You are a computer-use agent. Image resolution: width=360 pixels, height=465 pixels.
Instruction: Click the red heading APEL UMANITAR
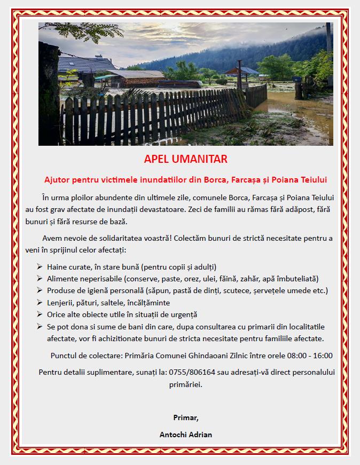click(x=185, y=159)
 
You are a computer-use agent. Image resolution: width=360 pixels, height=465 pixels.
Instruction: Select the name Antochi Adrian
click(x=185, y=434)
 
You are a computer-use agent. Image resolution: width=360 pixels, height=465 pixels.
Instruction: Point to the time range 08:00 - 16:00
click(x=303, y=356)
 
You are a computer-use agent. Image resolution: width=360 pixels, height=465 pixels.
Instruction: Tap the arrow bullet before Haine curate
click(x=40, y=266)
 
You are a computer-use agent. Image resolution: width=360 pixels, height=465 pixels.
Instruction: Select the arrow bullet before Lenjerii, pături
click(x=40, y=303)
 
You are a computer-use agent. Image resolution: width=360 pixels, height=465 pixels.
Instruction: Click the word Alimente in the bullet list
click(x=63, y=279)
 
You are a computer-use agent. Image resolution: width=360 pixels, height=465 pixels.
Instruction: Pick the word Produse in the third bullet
click(x=61, y=290)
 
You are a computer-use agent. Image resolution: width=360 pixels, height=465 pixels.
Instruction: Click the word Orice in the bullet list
click(x=56, y=314)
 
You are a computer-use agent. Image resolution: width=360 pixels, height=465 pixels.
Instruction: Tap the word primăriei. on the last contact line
click(x=185, y=384)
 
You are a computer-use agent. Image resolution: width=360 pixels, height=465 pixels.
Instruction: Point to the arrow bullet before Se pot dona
click(x=40, y=326)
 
